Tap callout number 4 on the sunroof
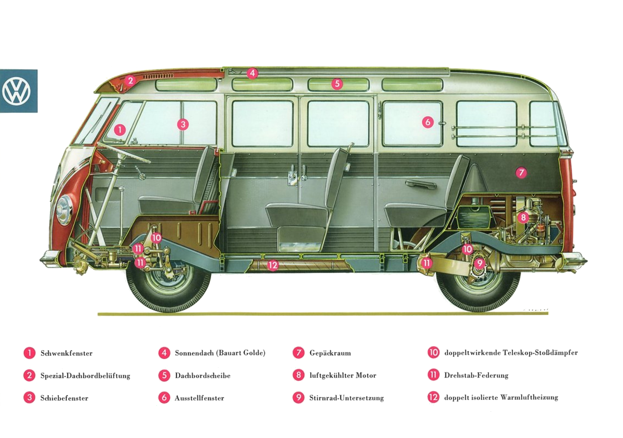click(x=252, y=73)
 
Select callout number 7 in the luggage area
click(x=521, y=173)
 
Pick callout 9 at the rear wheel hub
click(x=480, y=263)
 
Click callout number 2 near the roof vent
click(x=131, y=81)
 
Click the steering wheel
click(x=123, y=153)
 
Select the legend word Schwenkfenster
click(x=66, y=353)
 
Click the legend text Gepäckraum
click(x=330, y=353)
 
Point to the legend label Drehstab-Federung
click(x=476, y=375)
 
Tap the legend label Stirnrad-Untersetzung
click(x=347, y=398)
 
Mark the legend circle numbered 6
click(x=164, y=398)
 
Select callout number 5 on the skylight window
click(x=337, y=84)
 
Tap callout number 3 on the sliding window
click(x=183, y=124)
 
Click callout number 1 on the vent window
click(x=120, y=130)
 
